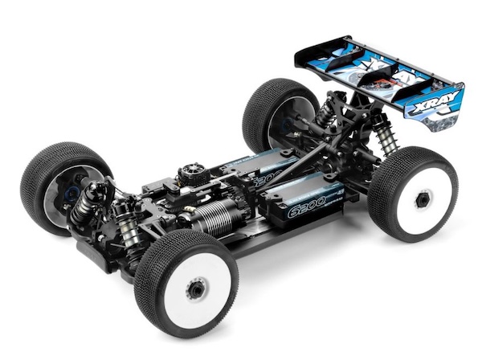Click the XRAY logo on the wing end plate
click(434, 106)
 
